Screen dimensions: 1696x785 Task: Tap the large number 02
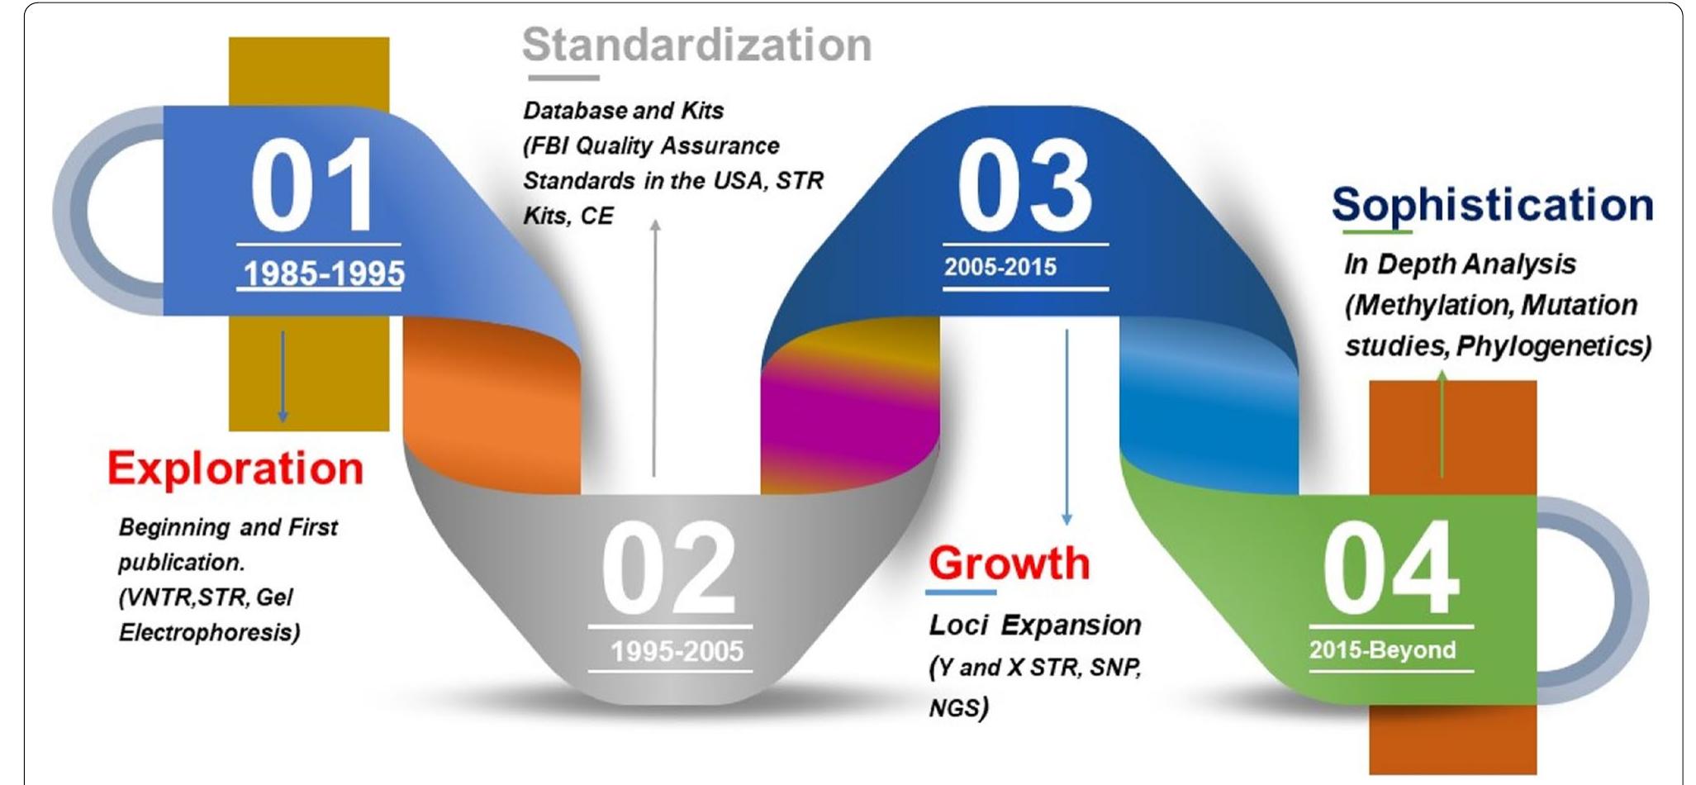pyautogui.click(x=668, y=568)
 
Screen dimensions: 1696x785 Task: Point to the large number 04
pyautogui.click(x=1391, y=568)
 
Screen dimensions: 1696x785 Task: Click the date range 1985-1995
pyautogui.click(x=324, y=274)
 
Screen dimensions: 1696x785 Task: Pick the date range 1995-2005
pyautogui.click(x=677, y=651)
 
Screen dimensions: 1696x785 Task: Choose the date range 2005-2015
pyautogui.click(x=1000, y=267)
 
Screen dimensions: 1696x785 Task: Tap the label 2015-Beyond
pyautogui.click(x=1382, y=649)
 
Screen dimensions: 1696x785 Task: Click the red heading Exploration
pyautogui.click(x=235, y=469)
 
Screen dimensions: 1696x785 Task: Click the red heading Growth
pyautogui.click(x=1009, y=563)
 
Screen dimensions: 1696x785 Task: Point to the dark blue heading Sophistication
pyautogui.click(x=1492, y=205)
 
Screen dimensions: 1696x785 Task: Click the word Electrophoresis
pyautogui.click(x=209, y=633)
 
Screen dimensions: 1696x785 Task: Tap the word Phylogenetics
pyautogui.click(x=1553, y=346)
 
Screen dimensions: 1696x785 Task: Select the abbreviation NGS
pyautogui.click(x=958, y=708)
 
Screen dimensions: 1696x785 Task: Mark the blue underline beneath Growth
pyautogui.click(x=961, y=592)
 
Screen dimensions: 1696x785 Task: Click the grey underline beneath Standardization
pyautogui.click(x=563, y=78)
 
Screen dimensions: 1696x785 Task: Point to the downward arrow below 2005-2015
pyautogui.click(x=1067, y=426)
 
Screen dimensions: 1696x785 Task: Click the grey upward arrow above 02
pyautogui.click(x=655, y=348)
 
